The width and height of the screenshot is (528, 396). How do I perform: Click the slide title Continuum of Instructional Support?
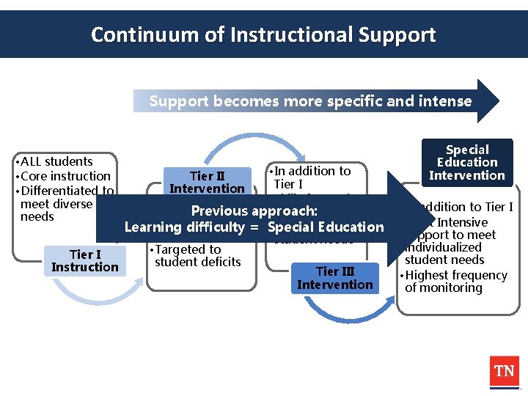tap(263, 34)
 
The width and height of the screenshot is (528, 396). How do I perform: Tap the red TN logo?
tap(504, 371)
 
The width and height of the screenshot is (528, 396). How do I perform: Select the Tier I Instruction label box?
tap(85, 260)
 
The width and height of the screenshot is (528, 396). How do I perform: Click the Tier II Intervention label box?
tap(207, 182)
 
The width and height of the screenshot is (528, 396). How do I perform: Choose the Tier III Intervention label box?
tap(335, 278)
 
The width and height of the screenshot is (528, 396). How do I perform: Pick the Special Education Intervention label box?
tap(467, 162)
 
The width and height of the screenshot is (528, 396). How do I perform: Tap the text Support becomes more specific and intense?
tap(310, 101)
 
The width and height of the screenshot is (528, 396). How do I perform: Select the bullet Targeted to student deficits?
tap(195, 255)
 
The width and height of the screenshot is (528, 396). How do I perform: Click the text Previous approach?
tap(254, 211)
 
